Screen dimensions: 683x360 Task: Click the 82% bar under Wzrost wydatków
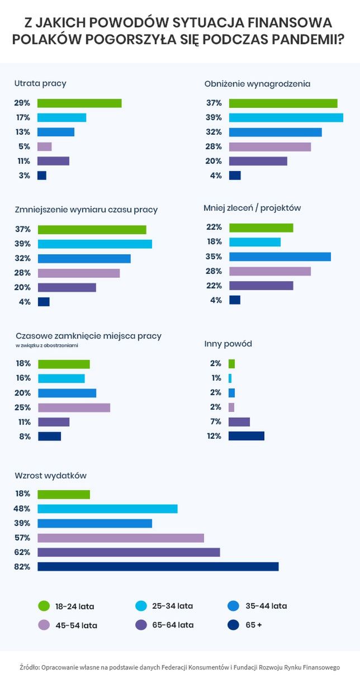pyautogui.click(x=158, y=566)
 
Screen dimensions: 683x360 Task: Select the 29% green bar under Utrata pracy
pyautogui.click(x=79, y=103)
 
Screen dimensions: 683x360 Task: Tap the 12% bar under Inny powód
pyautogui.click(x=246, y=435)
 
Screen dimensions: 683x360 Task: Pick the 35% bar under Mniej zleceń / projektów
pyautogui.click(x=280, y=257)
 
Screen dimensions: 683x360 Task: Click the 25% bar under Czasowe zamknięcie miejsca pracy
pyautogui.click(x=74, y=407)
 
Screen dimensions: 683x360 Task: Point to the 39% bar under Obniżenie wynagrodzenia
pyautogui.click(x=286, y=117)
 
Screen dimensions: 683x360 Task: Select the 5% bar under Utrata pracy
pyautogui.click(x=45, y=146)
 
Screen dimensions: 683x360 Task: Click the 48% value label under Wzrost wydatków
pyautogui.click(x=22, y=509)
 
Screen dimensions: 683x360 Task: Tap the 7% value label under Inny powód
pyautogui.click(x=216, y=421)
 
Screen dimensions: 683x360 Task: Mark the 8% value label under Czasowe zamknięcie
pyautogui.click(x=25, y=437)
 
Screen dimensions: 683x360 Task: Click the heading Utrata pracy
pyautogui.click(x=40, y=83)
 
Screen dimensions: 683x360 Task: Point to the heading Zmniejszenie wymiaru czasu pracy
pyautogui.click(x=86, y=210)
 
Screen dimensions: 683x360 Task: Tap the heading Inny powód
pyautogui.click(x=228, y=344)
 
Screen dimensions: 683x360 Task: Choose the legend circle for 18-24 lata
pyautogui.click(x=44, y=606)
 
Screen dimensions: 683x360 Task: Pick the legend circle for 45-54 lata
pyautogui.click(x=44, y=625)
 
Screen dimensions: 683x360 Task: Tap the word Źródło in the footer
pyautogui.click(x=31, y=667)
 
